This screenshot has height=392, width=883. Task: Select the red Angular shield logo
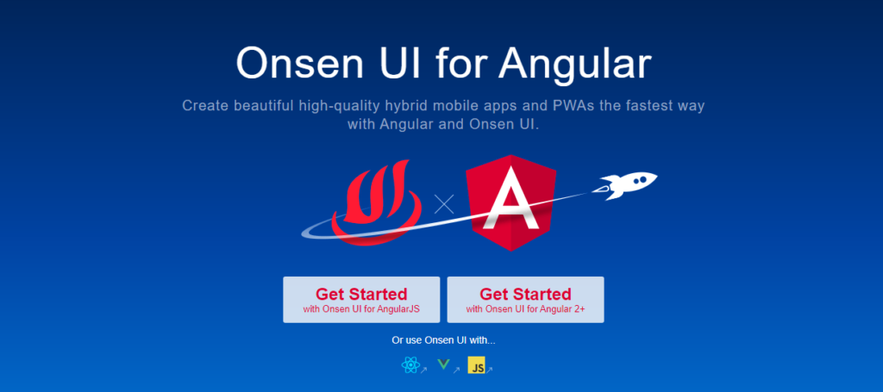[511, 202]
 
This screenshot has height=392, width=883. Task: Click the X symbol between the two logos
[444, 204]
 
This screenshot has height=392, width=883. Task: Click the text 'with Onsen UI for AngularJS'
[361, 308]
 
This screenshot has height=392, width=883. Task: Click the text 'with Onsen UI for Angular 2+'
[525, 308]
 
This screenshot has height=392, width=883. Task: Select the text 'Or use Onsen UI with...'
[444, 340]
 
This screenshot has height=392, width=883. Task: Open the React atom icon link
[411, 365]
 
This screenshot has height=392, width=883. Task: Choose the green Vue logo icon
[444, 365]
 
